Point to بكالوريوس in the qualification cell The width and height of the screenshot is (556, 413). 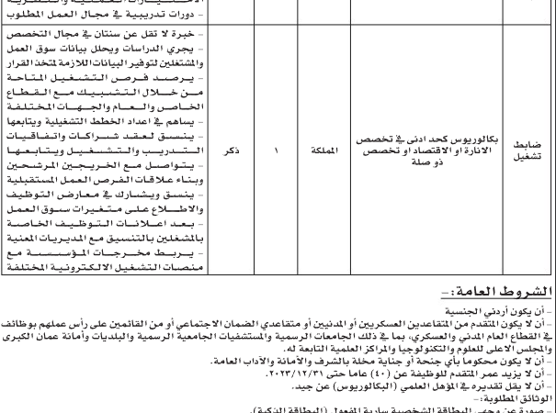point(460,139)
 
